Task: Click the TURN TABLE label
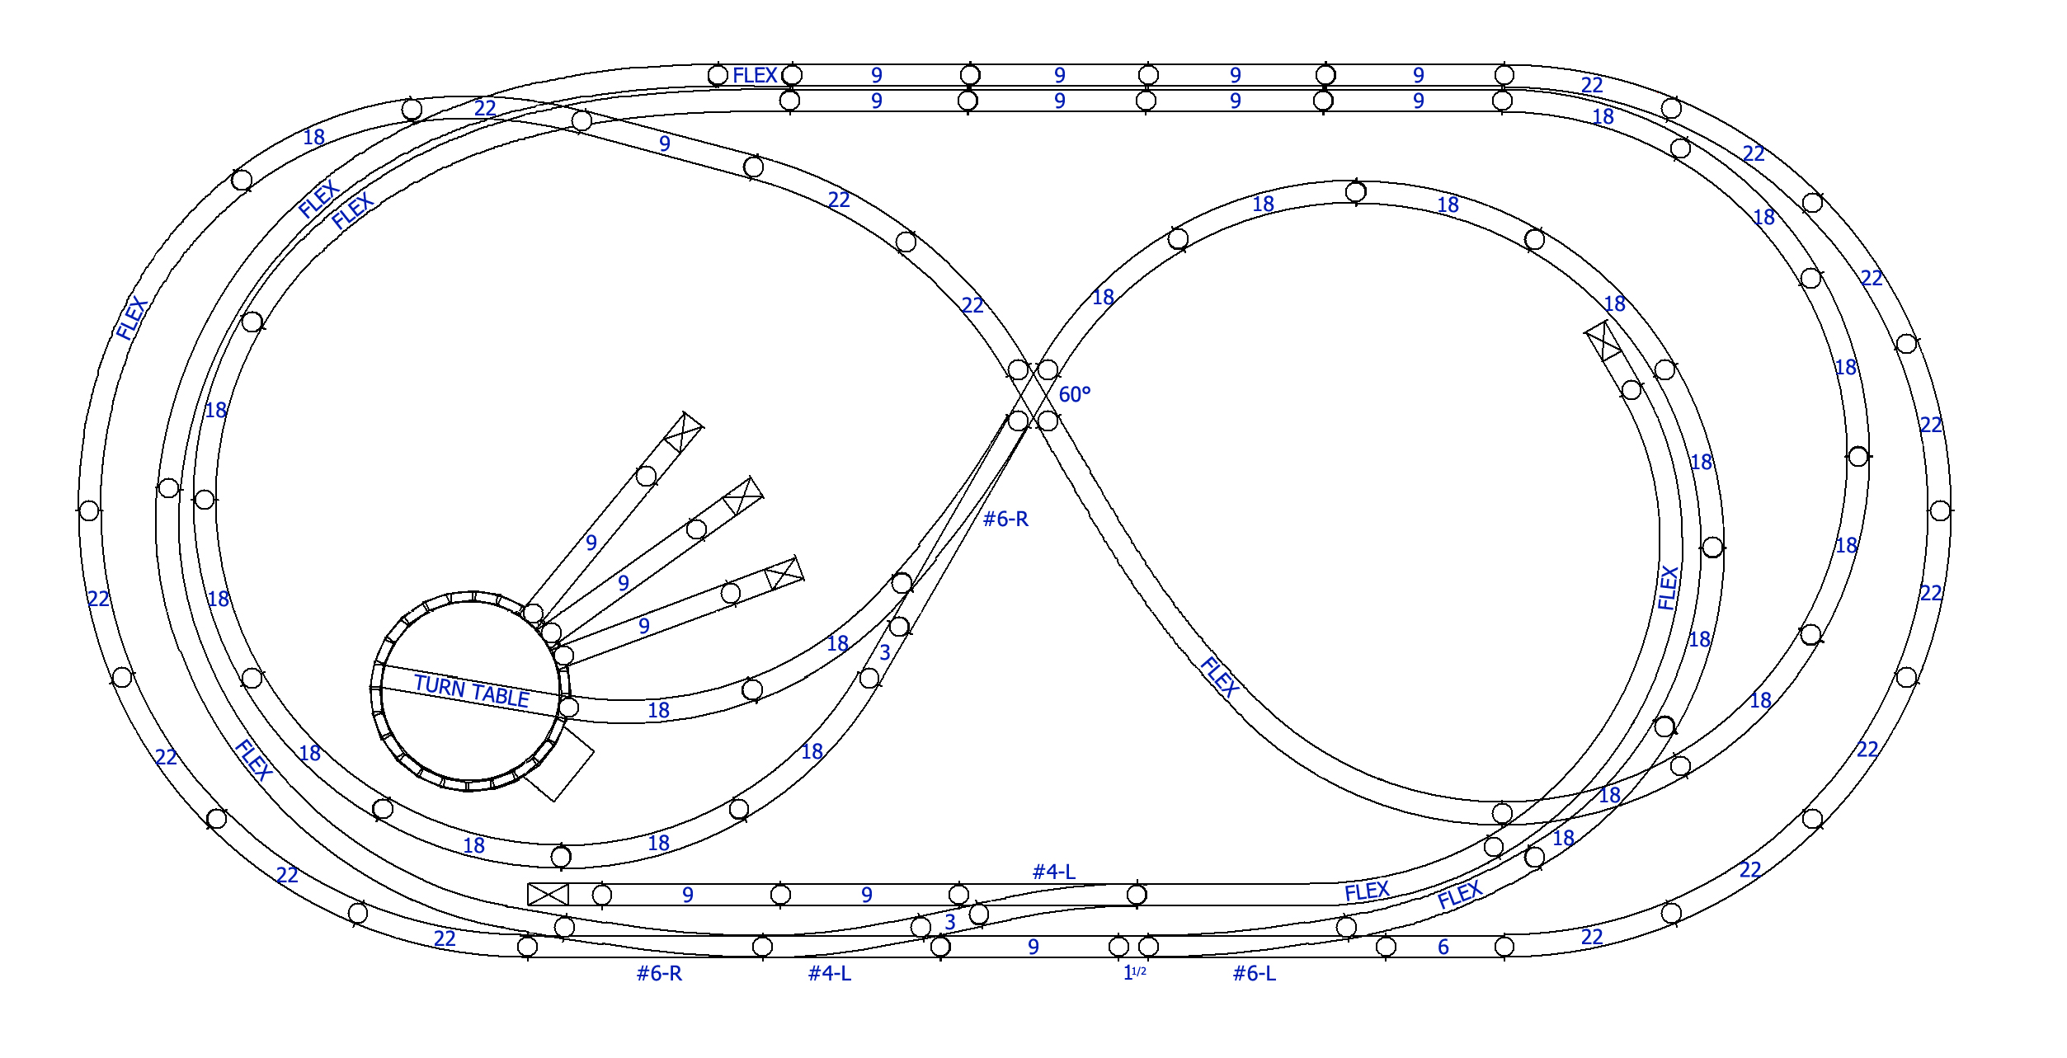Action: [x=472, y=691]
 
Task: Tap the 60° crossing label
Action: [x=1074, y=395]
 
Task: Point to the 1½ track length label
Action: [x=1135, y=973]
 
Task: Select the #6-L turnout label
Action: [x=1255, y=974]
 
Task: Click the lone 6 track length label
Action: [x=1443, y=947]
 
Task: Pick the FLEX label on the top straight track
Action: [x=755, y=76]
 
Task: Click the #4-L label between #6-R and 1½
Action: [x=830, y=974]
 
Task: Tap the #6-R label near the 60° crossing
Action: [x=1005, y=520]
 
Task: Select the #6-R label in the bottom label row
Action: [x=659, y=974]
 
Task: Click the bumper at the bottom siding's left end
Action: [x=549, y=894]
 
